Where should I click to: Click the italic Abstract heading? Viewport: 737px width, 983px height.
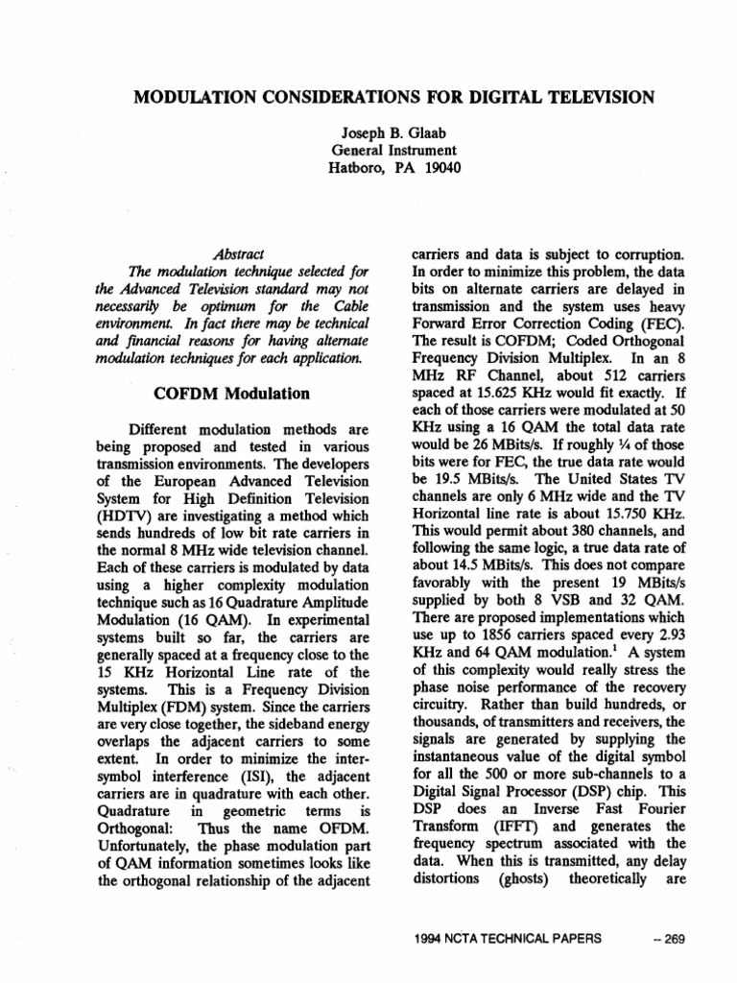240,255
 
